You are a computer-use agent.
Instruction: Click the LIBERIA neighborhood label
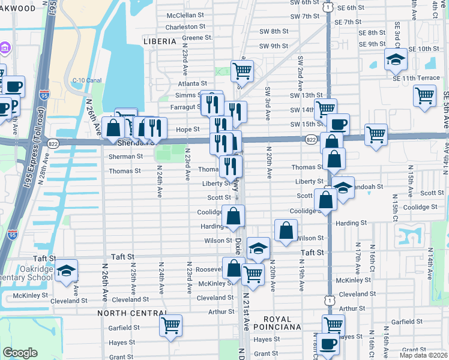[x=160, y=41]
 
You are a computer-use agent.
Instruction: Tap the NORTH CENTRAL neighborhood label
[x=133, y=313]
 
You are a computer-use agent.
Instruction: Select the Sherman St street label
[x=125, y=157]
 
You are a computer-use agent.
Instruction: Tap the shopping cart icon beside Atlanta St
[x=242, y=70]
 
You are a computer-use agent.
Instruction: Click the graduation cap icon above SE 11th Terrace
[x=396, y=59]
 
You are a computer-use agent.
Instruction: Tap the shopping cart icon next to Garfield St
[x=170, y=325]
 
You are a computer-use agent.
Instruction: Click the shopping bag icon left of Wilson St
[x=286, y=229]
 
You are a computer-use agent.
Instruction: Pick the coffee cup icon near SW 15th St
[x=339, y=124]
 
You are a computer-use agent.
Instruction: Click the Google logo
[x=20, y=353]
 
